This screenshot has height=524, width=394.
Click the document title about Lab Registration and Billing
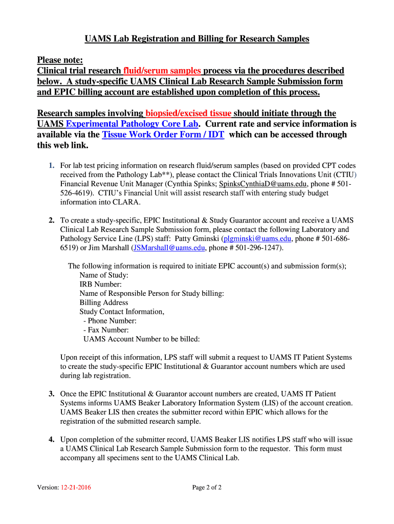click(x=196, y=39)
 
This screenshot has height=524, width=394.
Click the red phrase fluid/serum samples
click(x=163, y=71)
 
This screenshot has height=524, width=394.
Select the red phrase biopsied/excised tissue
click(x=188, y=113)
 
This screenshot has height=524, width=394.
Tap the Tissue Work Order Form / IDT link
click(x=163, y=135)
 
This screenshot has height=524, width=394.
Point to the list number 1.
click(x=52, y=166)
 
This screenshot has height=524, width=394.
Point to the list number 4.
click(x=52, y=440)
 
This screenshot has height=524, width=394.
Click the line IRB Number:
click(x=100, y=284)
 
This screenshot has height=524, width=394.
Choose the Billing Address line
click(x=103, y=302)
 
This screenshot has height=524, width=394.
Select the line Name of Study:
click(x=104, y=275)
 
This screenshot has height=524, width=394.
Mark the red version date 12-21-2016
click(x=76, y=487)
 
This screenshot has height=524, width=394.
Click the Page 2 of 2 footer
click(x=207, y=487)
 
